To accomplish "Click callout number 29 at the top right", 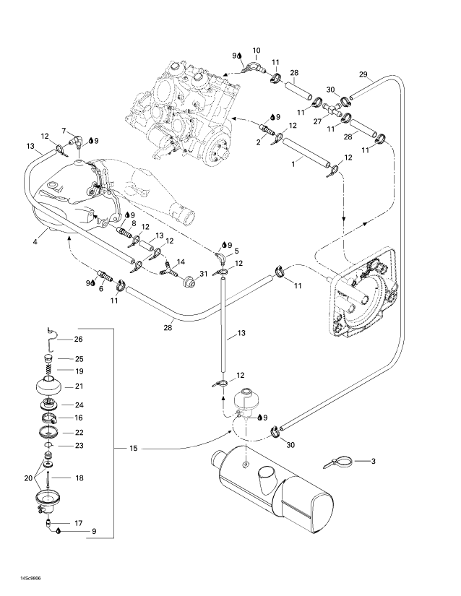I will [363, 74].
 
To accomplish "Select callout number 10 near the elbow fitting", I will [256, 51].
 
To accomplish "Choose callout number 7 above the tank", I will [64, 130].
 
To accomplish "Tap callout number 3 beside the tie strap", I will [374, 460].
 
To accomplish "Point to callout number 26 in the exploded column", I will [79, 339].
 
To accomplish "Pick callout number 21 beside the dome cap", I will [79, 386].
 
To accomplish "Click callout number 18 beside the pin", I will [79, 478].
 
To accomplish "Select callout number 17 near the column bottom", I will [79, 522].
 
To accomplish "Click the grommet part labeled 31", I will [190, 279].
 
